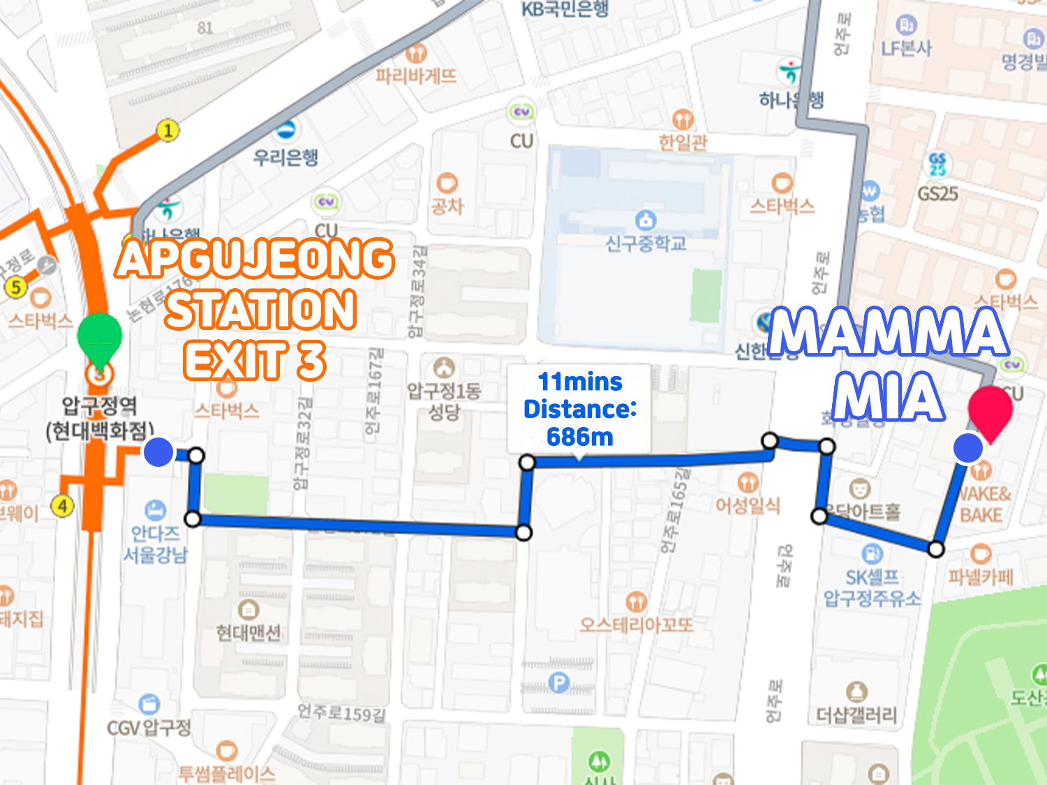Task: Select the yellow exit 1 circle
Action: pyautogui.click(x=168, y=130)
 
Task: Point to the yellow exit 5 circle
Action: pyautogui.click(x=15, y=286)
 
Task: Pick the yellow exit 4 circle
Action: pyautogui.click(x=63, y=505)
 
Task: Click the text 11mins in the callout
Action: pyautogui.click(x=580, y=382)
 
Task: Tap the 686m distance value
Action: pyautogui.click(x=580, y=438)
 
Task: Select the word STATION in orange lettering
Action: pyautogui.click(x=261, y=310)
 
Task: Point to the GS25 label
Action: pyautogui.click(x=937, y=193)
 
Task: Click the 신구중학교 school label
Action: pyautogui.click(x=646, y=244)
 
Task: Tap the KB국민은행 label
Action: pyautogui.click(x=565, y=9)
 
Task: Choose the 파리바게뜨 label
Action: pyautogui.click(x=416, y=75)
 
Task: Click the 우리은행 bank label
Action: pyautogui.click(x=285, y=156)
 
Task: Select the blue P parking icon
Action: pyautogui.click(x=558, y=682)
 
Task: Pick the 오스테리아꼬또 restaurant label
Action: pyautogui.click(x=637, y=625)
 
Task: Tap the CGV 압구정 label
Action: pyautogui.click(x=148, y=728)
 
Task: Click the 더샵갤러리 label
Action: pyautogui.click(x=856, y=715)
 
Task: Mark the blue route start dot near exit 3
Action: pyautogui.click(x=158, y=452)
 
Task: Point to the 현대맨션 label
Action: pyautogui.click(x=248, y=632)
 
